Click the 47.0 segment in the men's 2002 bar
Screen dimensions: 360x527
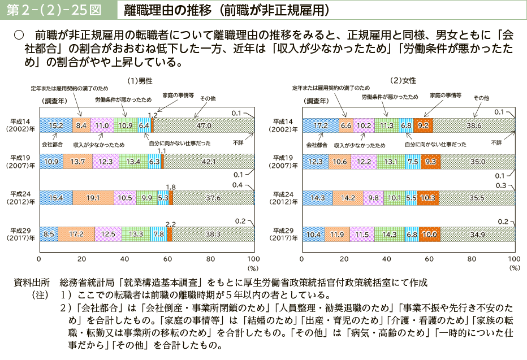click(x=204, y=125)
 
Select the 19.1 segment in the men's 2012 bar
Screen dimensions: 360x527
click(x=93, y=198)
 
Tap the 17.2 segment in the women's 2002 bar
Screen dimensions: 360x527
click(x=320, y=125)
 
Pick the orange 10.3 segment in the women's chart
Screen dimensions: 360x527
click(x=427, y=198)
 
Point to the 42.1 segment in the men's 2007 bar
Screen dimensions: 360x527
click(x=209, y=162)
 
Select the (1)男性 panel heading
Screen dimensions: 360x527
click(x=140, y=81)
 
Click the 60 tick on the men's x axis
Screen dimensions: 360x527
click(x=167, y=258)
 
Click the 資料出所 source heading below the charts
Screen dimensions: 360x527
click(x=32, y=282)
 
